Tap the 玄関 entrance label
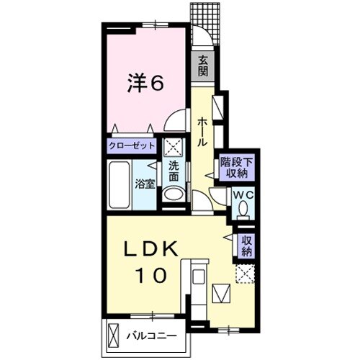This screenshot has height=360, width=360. click(203, 66)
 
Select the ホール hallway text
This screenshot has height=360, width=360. click(202, 132)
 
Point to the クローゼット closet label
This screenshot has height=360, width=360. click(132, 145)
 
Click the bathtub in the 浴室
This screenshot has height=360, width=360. click(120, 185)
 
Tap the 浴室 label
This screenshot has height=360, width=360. click(145, 184)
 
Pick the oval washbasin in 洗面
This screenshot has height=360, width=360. click(174, 194)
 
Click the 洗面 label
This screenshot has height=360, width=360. click(174, 172)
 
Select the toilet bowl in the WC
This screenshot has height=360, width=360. click(243, 208)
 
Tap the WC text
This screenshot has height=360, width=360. click(243, 195)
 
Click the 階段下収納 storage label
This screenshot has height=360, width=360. click(237, 168)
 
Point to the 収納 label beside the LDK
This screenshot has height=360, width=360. click(246, 246)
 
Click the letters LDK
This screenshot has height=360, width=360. click(151, 248)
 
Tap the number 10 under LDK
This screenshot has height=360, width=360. click(151, 275)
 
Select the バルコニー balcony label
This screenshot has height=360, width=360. click(152, 336)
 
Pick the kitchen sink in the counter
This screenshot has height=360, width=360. click(199, 276)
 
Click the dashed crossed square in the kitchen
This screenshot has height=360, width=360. click(245, 274)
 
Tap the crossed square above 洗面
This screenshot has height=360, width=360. click(174, 146)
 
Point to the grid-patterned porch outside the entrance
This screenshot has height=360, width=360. click(206, 24)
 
